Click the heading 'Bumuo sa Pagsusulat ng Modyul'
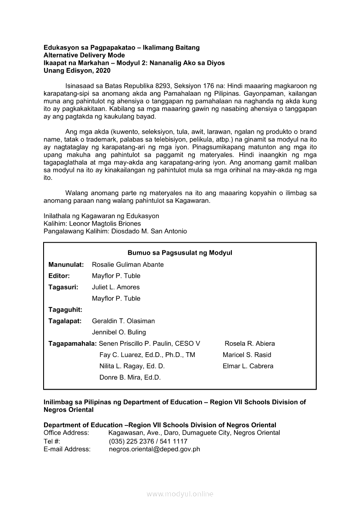coord(180,253)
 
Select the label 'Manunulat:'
coord(66,264)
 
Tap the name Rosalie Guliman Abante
coord(128,264)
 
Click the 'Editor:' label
coord(59,276)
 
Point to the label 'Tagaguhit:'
coord(65,310)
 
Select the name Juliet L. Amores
coord(115,287)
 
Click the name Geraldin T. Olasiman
coord(123,321)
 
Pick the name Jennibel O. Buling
coord(119,332)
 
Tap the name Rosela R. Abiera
coord(250,344)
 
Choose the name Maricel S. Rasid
coord(247,355)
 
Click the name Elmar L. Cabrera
coord(248,366)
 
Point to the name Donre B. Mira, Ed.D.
coord(130,378)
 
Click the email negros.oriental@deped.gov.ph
coord(154,449)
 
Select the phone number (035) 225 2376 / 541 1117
coord(148,441)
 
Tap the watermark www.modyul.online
coord(180,494)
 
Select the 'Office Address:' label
coord(66,433)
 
